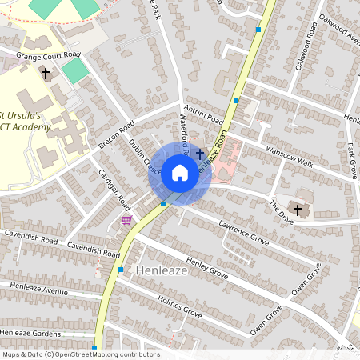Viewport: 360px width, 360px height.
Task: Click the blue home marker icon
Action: click(x=180, y=173)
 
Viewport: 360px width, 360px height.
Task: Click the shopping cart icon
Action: click(x=126, y=220)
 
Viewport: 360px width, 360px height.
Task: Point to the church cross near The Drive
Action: click(x=298, y=210)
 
